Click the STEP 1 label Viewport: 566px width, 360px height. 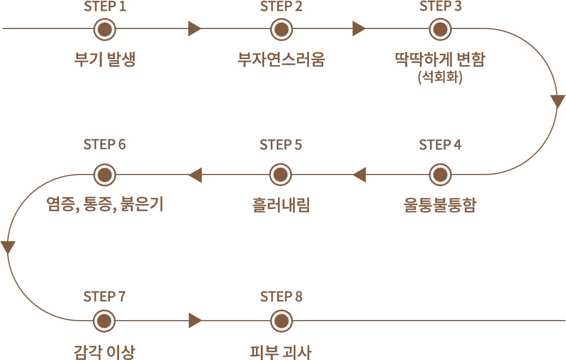[x=105, y=7]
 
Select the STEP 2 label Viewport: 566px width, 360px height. [x=281, y=7]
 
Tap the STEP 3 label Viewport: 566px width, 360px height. [x=440, y=6]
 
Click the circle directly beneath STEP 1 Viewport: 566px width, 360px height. [x=104, y=30]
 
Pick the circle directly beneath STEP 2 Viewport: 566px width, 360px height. [x=281, y=30]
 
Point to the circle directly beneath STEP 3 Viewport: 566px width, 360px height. [x=440, y=30]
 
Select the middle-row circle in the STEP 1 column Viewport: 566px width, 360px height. [x=104, y=175]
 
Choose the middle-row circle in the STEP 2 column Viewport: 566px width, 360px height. [x=281, y=175]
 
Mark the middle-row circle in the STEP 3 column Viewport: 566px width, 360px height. [x=440, y=175]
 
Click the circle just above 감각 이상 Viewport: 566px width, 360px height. [x=104, y=321]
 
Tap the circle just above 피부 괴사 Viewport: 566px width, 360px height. [x=281, y=321]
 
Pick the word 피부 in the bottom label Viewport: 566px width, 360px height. [x=262, y=352]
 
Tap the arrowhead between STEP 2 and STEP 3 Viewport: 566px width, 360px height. [x=358, y=25]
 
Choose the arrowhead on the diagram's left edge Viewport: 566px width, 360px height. [x=3, y=247]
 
